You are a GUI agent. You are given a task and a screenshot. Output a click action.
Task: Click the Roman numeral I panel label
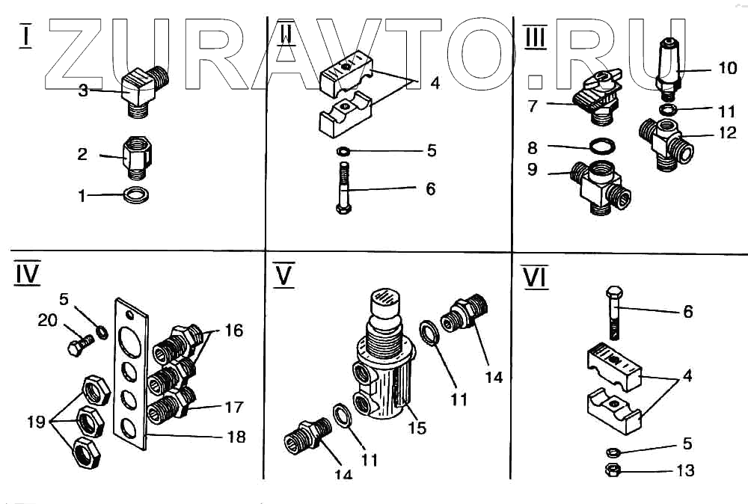25,36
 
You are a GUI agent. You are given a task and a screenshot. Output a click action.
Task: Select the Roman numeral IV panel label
27,274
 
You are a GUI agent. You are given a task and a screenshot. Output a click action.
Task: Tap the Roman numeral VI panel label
535,277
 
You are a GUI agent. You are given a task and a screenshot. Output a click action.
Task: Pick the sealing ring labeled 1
135,196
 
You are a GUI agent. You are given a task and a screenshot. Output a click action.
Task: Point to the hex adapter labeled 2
137,158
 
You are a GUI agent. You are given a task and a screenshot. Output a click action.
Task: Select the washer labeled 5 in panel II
343,153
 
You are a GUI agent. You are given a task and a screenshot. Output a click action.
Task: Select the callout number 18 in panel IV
236,437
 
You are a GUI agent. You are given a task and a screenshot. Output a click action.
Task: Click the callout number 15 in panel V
417,428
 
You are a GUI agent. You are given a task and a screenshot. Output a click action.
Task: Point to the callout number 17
234,408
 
